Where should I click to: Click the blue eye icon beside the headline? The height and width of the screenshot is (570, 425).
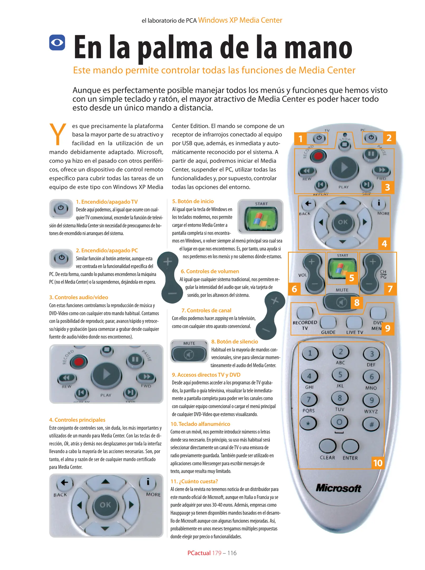click(57, 42)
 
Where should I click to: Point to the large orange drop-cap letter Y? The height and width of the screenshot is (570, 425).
click(58, 134)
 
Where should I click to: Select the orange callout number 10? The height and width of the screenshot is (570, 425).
click(378, 463)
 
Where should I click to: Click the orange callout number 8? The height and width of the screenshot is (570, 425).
click(357, 302)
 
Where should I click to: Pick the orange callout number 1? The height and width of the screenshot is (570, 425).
click(300, 139)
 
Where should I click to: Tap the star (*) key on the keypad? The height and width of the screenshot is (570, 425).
click(308, 423)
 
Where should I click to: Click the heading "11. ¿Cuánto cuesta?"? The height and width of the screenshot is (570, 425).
click(194, 481)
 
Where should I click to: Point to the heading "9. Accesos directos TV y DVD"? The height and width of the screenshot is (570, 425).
click(206, 375)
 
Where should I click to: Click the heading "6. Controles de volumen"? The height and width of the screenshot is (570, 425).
click(210, 271)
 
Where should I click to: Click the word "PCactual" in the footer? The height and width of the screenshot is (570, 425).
click(199, 553)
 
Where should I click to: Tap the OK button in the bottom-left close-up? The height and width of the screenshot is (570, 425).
click(105, 505)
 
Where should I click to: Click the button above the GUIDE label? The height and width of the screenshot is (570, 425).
click(328, 322)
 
